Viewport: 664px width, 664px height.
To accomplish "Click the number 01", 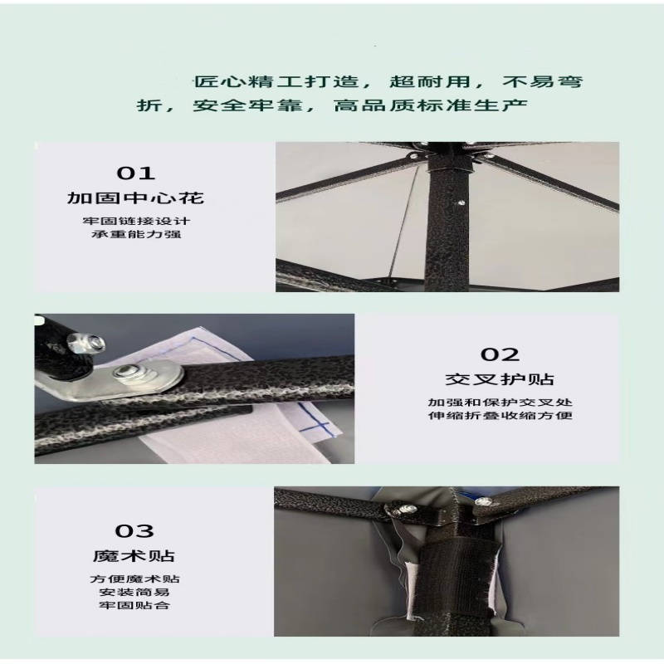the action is (135, 173).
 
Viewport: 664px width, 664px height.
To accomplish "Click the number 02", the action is (500, 354).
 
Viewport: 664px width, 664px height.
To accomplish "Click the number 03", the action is (134, 531).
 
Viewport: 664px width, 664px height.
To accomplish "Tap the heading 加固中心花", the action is (135, 198).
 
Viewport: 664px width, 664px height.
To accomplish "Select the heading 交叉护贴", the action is (500, 379).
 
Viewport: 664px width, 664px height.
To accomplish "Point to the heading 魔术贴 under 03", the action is (134, 555).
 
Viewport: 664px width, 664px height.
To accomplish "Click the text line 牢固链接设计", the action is (136, 221).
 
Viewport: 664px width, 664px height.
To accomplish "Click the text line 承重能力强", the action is (136, 234).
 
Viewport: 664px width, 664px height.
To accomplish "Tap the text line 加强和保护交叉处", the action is (500, 402).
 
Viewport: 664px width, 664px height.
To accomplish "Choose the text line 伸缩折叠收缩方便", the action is (500, 415).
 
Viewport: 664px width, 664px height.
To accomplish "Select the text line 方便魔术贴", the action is (134, 579).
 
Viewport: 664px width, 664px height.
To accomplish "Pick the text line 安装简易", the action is (134, 592).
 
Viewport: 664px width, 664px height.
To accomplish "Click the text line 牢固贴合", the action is (134, 605).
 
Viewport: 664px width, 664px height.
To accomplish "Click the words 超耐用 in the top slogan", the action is (430, 81).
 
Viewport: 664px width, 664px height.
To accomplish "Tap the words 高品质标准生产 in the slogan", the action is (430, 105).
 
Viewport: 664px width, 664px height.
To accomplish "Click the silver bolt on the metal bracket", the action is (125, 373).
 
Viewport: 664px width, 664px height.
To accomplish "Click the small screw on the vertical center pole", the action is (461, 203).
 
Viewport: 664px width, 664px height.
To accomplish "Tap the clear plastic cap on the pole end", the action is (86, 343).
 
